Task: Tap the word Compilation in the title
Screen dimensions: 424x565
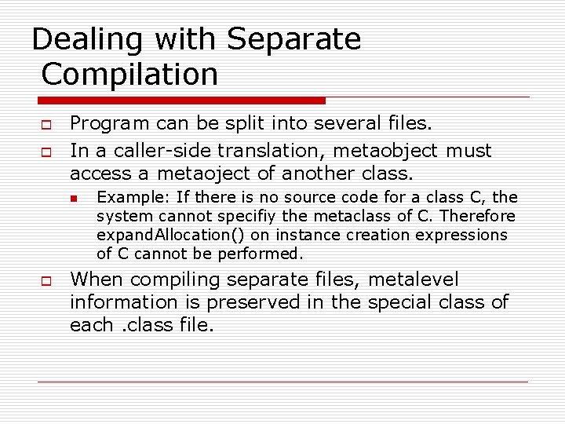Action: coord(129,75)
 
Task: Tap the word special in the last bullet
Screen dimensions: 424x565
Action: coord(408,302)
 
